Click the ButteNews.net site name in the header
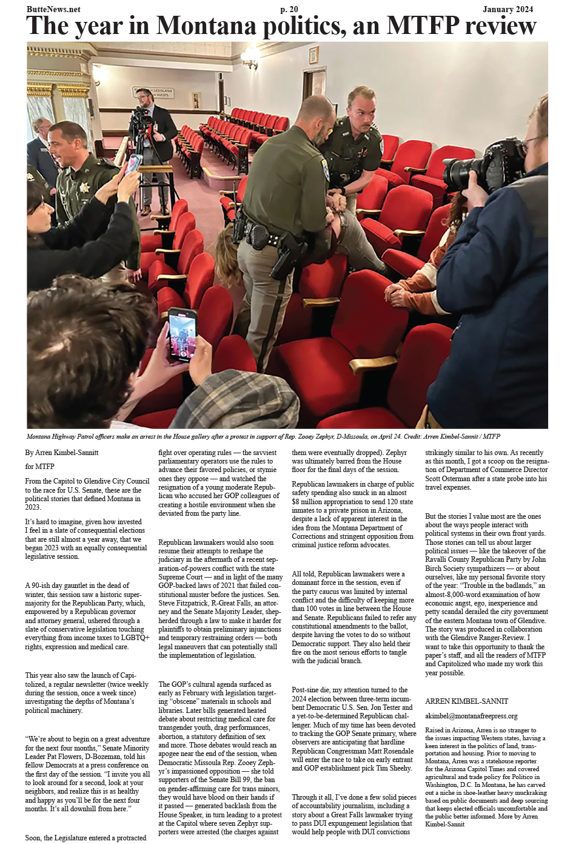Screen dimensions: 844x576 53,10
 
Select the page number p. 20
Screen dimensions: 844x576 289,10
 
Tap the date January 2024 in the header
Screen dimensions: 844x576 507,10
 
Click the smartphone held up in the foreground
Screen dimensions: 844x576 183,334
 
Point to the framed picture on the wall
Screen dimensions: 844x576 313,55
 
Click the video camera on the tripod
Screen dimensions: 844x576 141,118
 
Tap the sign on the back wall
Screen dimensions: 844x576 153,93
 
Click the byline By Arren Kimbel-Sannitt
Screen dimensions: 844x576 62,453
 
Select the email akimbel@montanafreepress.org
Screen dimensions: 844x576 471,716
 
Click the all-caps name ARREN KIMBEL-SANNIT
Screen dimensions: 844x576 466,701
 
